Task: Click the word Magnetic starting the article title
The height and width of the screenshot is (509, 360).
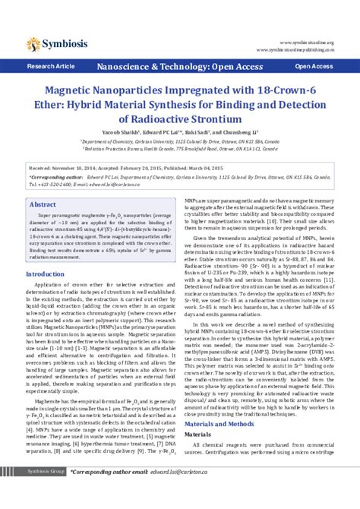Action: pyautogui.click(x=66, y=91)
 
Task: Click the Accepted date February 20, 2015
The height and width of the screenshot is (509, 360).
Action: pyautogui.click(x=146, y=165)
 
